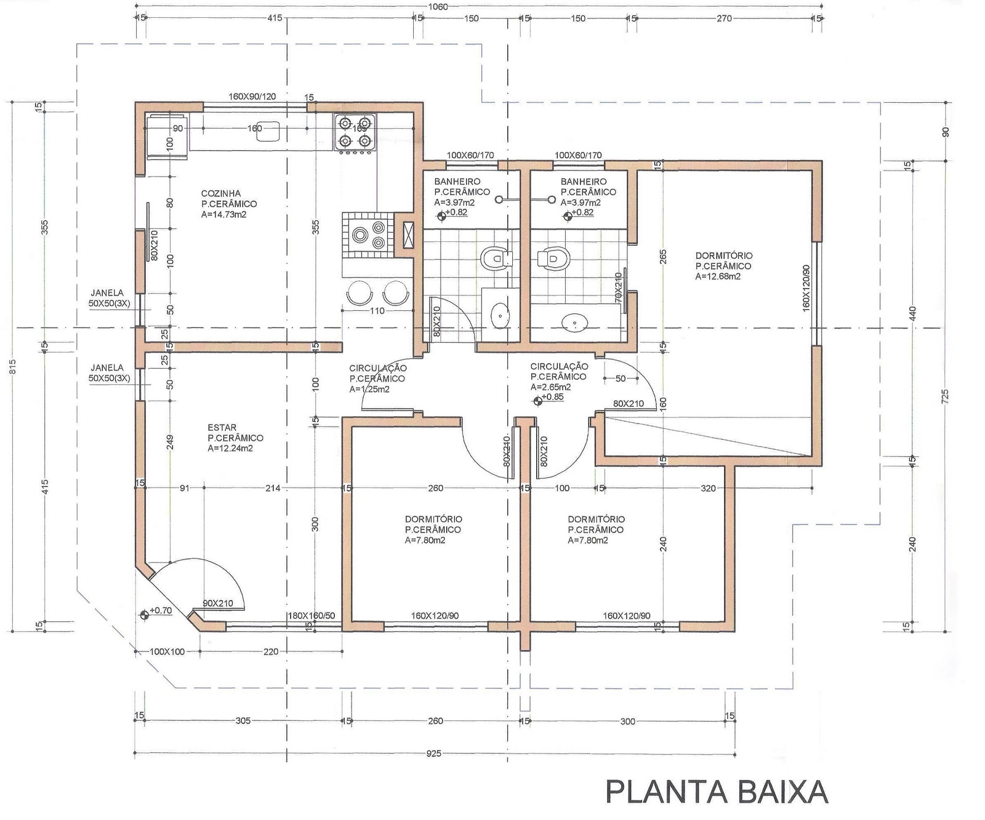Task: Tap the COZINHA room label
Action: pos(220,193)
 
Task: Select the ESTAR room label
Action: pos(222,427)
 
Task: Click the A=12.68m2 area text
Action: pos(718,276)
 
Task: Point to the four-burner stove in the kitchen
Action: pos(355,132)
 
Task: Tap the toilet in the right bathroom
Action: pos(552,258)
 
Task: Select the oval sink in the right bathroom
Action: pos(576,321)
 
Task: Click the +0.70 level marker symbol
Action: pos(145,614)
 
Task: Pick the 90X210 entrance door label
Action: pos(218,603)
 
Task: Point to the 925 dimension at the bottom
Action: pos(433,754)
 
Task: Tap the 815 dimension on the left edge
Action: pos(10,366)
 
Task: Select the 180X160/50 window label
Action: pos(312,616)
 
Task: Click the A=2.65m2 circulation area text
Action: pos(550,387)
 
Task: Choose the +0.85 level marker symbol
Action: pos(539,400)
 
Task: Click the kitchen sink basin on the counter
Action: pos(268,131)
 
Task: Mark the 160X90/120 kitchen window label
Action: pos(252,96)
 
